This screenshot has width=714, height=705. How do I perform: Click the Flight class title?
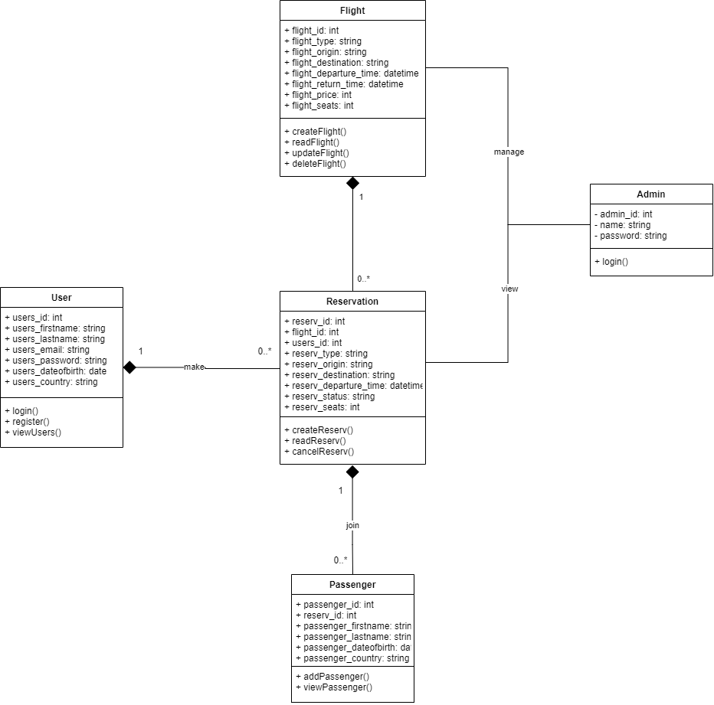[352, 11]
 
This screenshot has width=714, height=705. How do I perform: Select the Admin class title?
[651, 194]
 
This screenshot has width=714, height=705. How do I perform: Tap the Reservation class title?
[352, 302]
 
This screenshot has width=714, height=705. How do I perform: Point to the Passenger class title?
[352, 585]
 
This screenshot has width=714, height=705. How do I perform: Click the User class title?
[61, 298]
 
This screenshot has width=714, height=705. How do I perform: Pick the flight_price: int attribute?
[318, 95]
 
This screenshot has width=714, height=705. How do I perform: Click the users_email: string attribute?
[47, 350]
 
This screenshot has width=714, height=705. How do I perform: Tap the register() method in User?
[27, 422]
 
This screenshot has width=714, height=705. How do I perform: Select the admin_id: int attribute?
[623, 214]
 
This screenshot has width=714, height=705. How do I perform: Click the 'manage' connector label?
[509, 152]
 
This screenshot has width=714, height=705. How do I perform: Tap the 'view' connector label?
[509, 289]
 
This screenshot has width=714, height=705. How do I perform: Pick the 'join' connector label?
[352, 526]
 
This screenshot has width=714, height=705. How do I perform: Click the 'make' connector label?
[194, 367]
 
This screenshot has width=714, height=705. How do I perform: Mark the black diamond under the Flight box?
[352, 183]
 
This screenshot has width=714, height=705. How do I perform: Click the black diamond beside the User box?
[129, 368]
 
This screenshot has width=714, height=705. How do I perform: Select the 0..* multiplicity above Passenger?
[340, 560]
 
